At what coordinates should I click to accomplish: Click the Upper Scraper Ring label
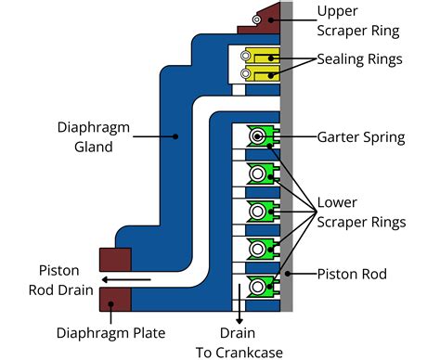pos(358,20)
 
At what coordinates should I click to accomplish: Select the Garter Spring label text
pos(360,137)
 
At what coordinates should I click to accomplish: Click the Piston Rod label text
pos(352,274)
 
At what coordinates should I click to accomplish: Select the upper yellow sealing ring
pos(258,57)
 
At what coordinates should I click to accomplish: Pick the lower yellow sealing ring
pos(258,72)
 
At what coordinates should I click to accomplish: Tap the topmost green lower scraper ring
pos(259,137)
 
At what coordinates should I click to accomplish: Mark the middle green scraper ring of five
pos(259,210)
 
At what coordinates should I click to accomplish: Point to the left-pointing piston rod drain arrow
pos(125,277)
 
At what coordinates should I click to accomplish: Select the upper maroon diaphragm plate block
pos(114,260)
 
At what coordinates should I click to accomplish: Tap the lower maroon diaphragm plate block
pos(114,299)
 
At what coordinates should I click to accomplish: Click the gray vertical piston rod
pos(288,167)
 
